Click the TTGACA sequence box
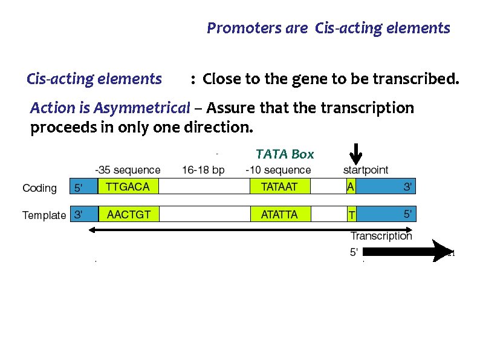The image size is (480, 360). [x=128, y=187]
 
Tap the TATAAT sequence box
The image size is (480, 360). [x=279, y=187]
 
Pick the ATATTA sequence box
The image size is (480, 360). [x=279, y=214]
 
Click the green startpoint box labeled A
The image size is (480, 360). [x=351, y=187]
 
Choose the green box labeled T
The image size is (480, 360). [x=351, y=214]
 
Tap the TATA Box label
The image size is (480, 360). [x=285, y=154]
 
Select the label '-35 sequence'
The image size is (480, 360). [x=128, y=170]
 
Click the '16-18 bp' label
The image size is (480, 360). [x=203, y=170]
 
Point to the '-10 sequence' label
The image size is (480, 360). [x=278, y=170]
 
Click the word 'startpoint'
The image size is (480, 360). [x=366, y=170]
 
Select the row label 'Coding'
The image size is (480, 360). [x=39, y=188]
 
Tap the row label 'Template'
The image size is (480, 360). [x=44, y=215]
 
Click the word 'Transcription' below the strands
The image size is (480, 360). [x=381, y=236]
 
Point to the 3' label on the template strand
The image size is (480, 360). [x=78, y=215]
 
